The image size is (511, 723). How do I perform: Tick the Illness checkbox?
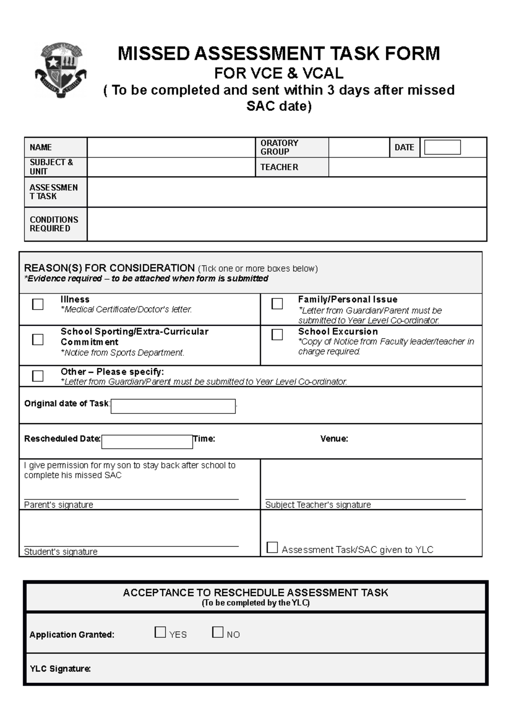38,304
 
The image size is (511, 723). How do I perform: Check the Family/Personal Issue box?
277,304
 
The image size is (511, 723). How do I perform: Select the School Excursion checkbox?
277,335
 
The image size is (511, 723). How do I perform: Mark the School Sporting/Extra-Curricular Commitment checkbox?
38,339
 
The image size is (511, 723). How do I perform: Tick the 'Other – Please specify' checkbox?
38,376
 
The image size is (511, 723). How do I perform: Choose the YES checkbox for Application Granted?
160,632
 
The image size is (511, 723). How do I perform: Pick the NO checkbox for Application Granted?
218,632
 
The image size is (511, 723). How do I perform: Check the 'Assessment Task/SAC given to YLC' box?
272,548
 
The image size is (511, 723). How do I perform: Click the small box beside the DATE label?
442,147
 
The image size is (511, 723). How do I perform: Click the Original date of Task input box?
173,406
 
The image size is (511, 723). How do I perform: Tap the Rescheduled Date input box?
147,442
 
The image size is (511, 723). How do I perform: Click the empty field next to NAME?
171,147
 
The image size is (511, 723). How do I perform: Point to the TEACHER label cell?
279,167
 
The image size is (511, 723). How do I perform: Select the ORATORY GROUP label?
279,147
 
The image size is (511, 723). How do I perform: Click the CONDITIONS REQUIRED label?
54,224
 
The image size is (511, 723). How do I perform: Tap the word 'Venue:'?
334,439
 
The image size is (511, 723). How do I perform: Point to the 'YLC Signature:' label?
60,669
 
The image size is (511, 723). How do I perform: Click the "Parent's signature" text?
58,505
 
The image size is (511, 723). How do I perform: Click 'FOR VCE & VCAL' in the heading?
278,74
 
